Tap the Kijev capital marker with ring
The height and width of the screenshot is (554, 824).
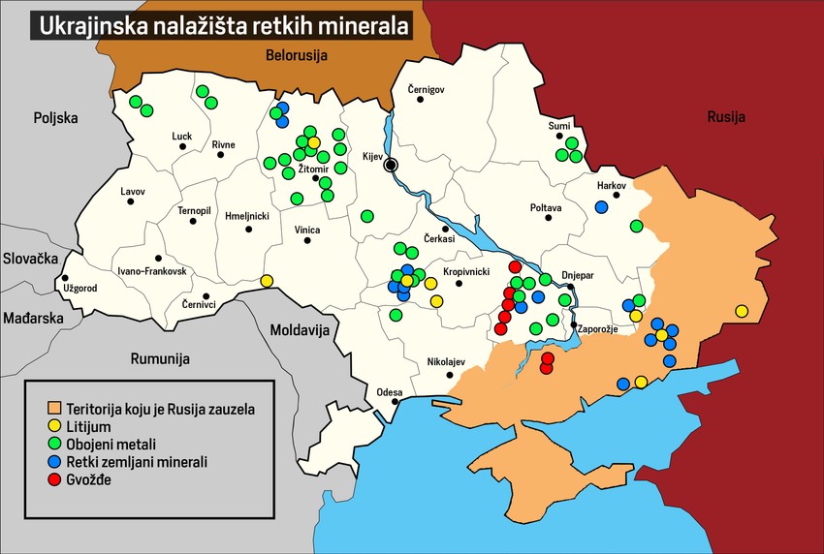(x=392, y=165)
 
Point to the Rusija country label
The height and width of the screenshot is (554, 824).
(x=726, y=118)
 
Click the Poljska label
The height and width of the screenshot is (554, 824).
(x=54, y=118)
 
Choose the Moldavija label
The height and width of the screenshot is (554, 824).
(x=300, y=329)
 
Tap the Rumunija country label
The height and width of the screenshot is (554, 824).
(x=158, y=358)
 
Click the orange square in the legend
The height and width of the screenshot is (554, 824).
(x=55, y=409)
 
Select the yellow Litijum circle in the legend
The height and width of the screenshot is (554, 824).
(x=55, y=426)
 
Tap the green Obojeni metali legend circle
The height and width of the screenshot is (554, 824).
(x=55, y=444)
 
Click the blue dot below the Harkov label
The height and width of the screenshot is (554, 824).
(x=602, y=206)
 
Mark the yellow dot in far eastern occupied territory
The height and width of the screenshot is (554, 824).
(x=742, y=311)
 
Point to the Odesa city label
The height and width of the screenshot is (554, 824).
(x=390, y=392)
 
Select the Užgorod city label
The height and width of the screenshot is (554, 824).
(x=79, y=288)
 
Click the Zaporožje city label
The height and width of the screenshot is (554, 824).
(x=600, y=329)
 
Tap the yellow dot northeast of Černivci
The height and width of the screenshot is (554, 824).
(x=267, y=281)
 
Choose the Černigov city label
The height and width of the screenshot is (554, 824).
(x=426, y=89)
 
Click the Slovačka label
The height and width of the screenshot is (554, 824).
(x=31, y=259)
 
